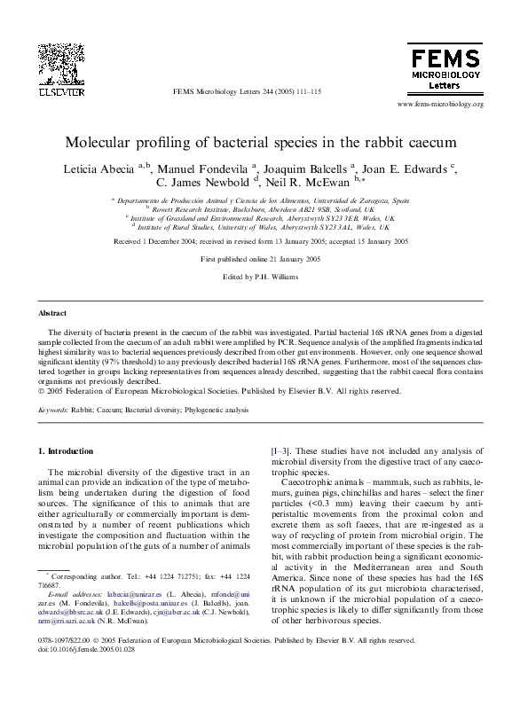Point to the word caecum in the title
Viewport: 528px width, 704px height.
pos(430,142)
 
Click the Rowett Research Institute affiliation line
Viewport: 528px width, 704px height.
pos(265,209)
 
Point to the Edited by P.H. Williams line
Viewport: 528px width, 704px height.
pos(264,278)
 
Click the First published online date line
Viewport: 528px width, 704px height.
pos(264,259)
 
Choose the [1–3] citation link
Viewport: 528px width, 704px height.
pos(282,451)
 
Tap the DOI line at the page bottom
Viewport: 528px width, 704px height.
pos(80,649)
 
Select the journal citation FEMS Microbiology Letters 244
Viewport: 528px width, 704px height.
pos(247,92)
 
